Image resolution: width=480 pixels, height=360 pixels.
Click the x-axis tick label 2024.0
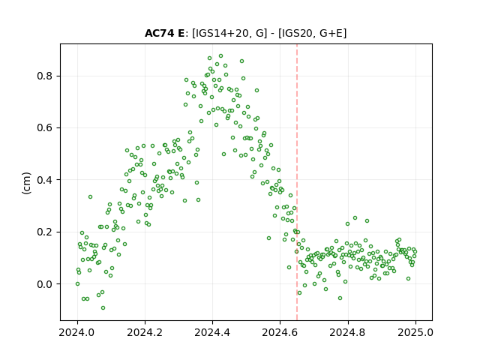click(77, 332)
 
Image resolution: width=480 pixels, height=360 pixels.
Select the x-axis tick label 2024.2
click(145, 332)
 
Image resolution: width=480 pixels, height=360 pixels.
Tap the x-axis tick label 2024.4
click(212, 332)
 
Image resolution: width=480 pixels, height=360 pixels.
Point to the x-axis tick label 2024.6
click(280, 332)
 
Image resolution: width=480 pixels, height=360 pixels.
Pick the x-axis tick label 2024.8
click(348, 332)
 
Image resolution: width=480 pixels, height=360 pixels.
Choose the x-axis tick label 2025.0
click(415, 332)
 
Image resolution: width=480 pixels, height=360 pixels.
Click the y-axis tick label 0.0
click(45, 284)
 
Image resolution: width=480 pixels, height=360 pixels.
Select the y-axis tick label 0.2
click(45, 232)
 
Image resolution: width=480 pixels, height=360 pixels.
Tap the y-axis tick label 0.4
click(45, 180)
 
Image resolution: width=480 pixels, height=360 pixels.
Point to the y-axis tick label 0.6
click(45, 128)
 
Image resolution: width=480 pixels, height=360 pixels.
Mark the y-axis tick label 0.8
click(45, 76)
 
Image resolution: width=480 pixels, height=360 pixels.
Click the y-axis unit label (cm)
click(27, 183)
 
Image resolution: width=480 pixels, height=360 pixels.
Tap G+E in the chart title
click(331, 33)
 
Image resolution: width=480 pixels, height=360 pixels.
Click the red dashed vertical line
click(297, 182)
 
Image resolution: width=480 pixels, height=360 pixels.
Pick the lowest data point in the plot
click(103, 307)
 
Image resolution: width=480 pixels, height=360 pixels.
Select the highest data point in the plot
click(220, 56)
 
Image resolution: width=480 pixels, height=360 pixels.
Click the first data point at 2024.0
click(77, 283)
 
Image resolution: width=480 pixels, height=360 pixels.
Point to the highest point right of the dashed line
click(355, 218)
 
